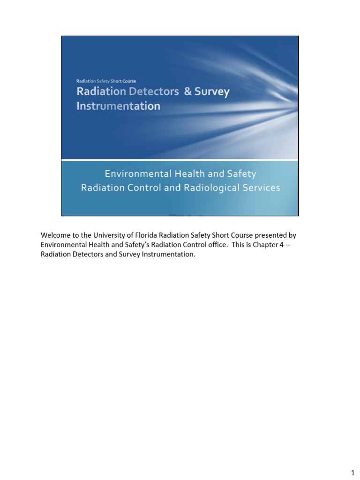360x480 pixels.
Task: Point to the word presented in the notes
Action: [x=270, y=235]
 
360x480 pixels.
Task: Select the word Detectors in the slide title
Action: [x=155, y=92]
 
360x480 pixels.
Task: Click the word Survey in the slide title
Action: [x=212, y=92]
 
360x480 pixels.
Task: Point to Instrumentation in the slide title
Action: [x=118, y=106]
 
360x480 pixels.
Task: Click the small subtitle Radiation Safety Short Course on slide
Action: [x=106, y=81]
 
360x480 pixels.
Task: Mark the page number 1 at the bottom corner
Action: [x=352, y=471]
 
